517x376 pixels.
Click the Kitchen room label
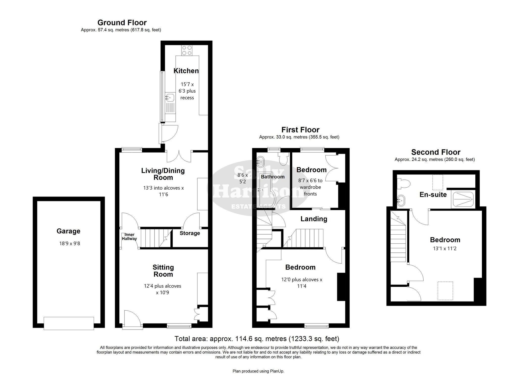click(186, 71)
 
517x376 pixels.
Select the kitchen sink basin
click(170, 97)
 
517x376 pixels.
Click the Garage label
click(68, 231)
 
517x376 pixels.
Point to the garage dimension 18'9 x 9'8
click(70, 244)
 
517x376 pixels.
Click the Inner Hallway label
click(129, 237)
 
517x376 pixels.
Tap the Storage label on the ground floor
click(190, 233)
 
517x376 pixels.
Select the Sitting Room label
click(163, 271)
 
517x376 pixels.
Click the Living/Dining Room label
click(163, 174)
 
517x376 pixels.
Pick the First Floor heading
click(300, 130)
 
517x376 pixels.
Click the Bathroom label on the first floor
click(273, 177)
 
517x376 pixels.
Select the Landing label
click(314, 219)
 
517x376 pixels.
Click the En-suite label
click(433, 194)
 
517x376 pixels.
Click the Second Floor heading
click(436, 152)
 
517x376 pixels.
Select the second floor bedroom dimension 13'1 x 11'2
click(445, 248)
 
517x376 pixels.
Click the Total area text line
click(257, 338)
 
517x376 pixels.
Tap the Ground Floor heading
click(122, 23)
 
